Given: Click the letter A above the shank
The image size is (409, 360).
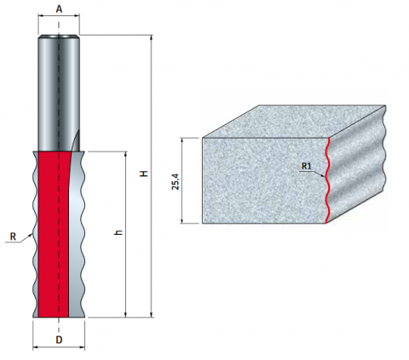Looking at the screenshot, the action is click(x=59, y=9).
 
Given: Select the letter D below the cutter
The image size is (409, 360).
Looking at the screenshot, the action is click(x=59, y=340).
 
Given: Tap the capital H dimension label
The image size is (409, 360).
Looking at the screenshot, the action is click(x=145, y=174).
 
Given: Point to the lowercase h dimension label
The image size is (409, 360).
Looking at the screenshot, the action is click(x=119, y=232).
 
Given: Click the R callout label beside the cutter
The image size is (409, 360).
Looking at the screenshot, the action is click(x=13, y=236).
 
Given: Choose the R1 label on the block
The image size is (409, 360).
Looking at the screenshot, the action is click(x=307, y=166).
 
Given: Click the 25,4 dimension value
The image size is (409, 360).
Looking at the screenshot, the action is click(x=176, y=181).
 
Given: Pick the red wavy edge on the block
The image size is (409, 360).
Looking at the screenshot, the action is click(x=327, y=180).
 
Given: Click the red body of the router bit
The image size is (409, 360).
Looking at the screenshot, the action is click(x=54, y=234).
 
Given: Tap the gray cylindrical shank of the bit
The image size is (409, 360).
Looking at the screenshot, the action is click(x=59, y=93).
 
